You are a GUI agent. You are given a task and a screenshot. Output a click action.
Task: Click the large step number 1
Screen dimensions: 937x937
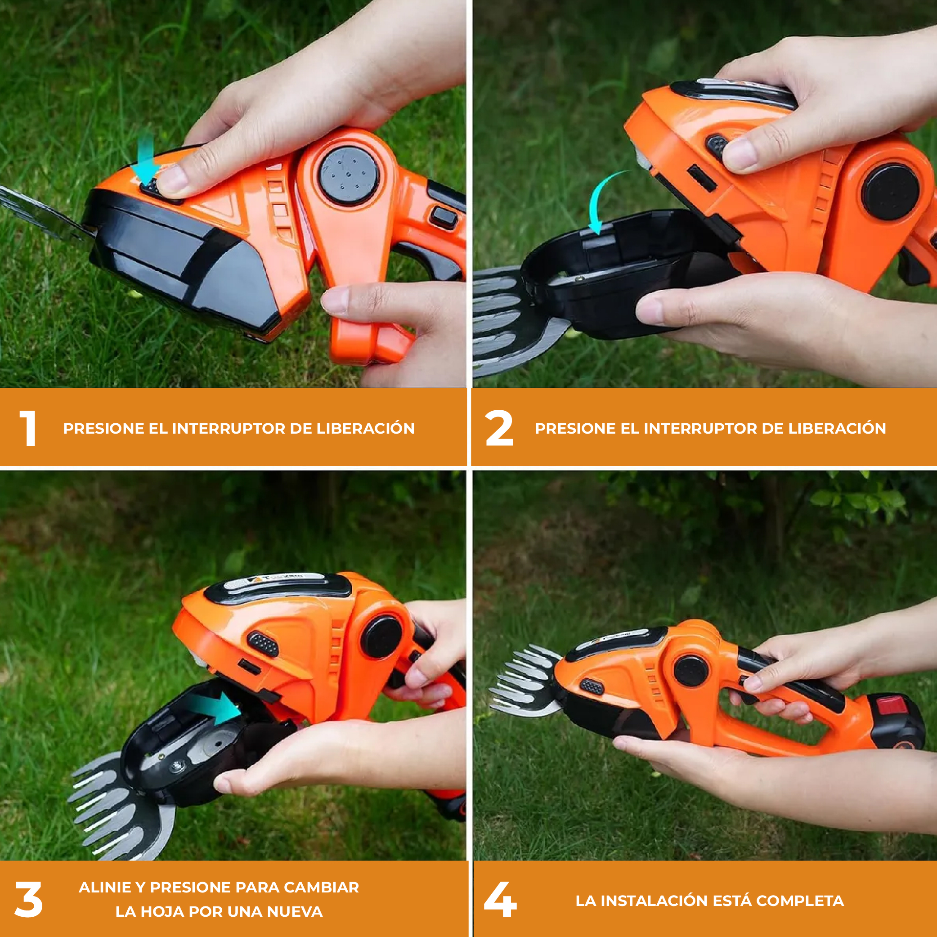pos(29,428)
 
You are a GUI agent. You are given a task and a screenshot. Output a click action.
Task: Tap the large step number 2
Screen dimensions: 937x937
pos(499,428)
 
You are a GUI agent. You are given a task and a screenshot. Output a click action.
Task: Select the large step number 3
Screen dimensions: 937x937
pos(29,899)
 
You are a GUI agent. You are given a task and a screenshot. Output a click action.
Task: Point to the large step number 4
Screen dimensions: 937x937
pos(500,899)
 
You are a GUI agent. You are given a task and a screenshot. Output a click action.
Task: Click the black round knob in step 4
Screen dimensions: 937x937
pos(691,671)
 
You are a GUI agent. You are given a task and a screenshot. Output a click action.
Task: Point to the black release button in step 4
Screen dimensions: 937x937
pos(592,687)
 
